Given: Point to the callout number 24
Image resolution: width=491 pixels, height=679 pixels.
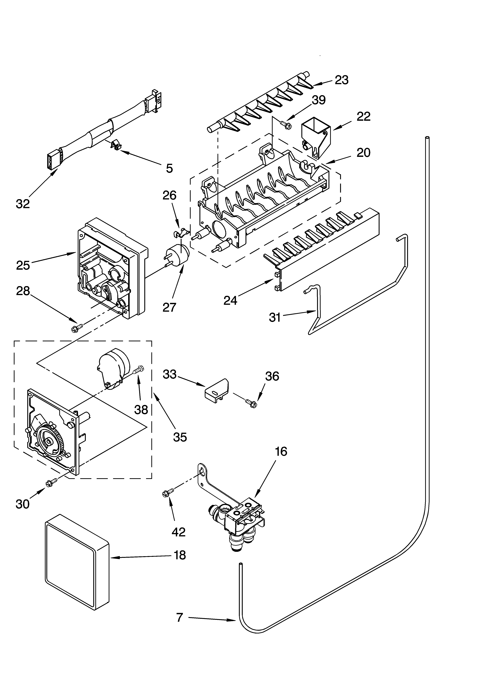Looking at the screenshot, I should pyautogui.click(x=230, y=300).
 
